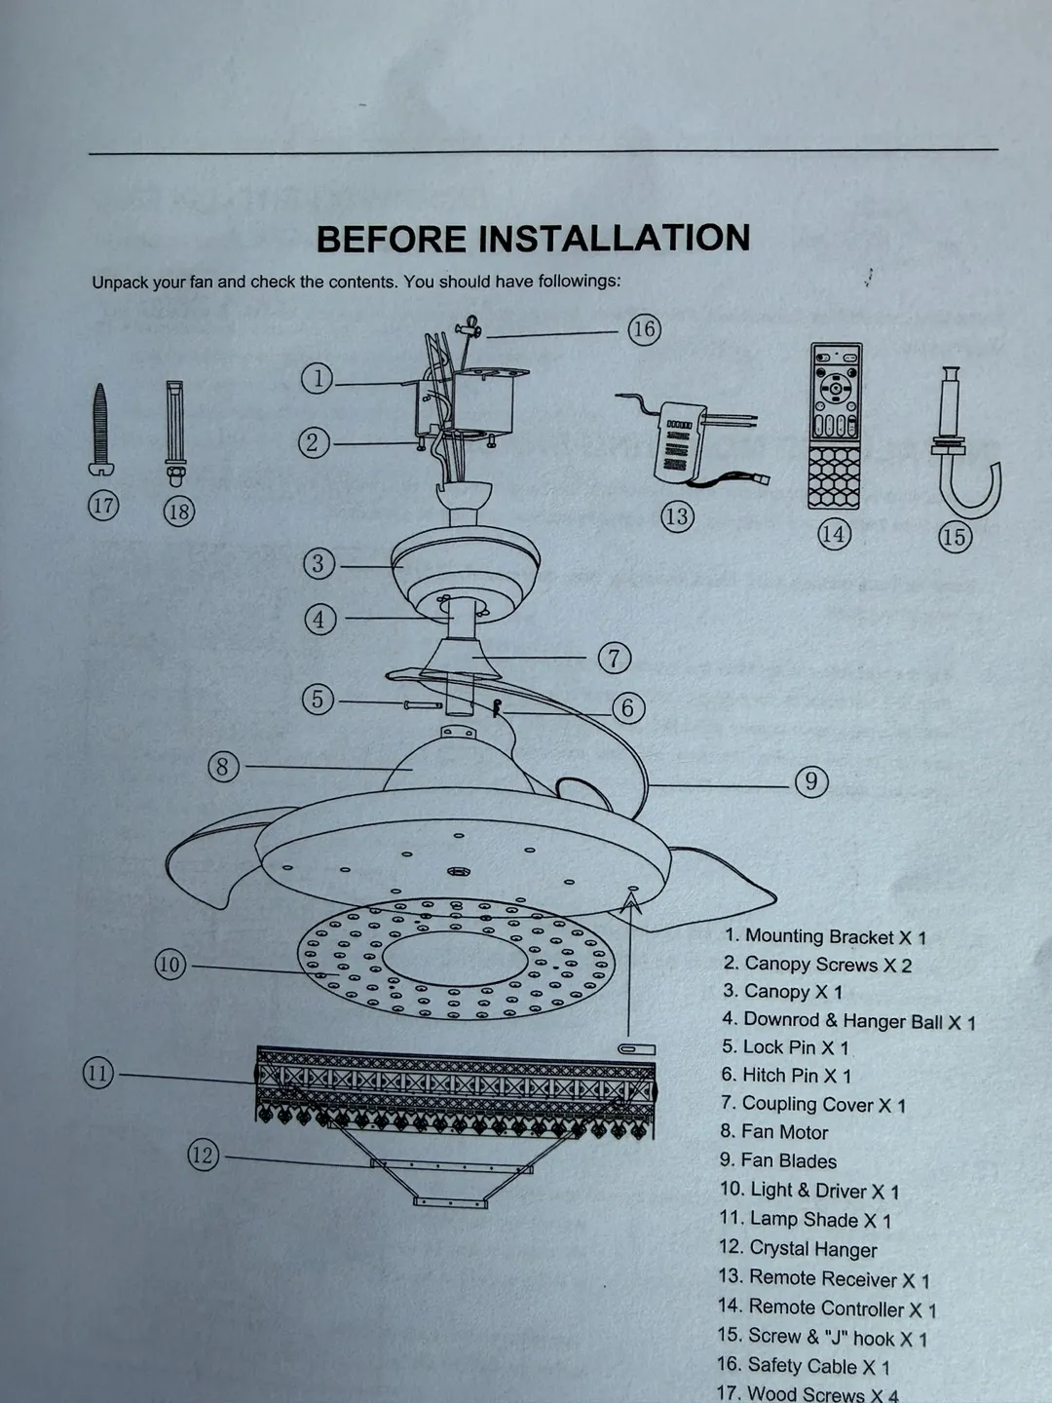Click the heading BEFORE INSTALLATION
tap(533, 239)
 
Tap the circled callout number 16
tap(644, 329)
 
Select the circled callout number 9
tap(811, 781)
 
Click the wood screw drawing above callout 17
tap(100, 429)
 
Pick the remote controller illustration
tap(836, 426)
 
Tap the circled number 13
tap(677, 516)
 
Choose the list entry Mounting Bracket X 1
tap(824, 936)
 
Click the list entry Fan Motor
tap(773, 1132)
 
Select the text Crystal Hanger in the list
tap(798, 1248)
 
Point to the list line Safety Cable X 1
tap(803, 1366)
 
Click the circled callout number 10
tap(170, 965)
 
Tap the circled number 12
tap(203, 1156)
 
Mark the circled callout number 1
tap(318, 378)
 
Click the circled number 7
tap(615, 658)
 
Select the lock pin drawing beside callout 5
tap(421, 704)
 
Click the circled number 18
tap(179, 511)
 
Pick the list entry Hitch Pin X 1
tap(786, 1076)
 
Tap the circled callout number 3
tap(319, 563)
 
